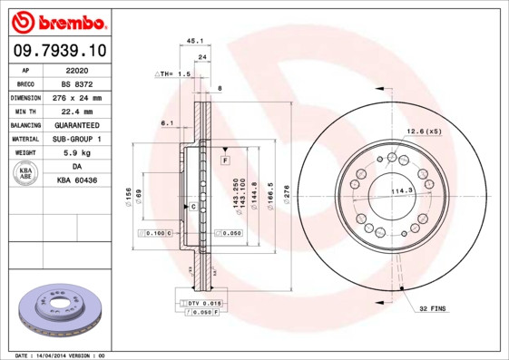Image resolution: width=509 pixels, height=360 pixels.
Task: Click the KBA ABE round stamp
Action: [x=25, y=173]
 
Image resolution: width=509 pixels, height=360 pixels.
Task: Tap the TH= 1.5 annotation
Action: [x=173, y=73]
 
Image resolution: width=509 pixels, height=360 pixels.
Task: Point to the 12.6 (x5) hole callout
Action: [x=423, y=131]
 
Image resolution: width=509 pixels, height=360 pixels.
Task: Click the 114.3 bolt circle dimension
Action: [x=401, y=190]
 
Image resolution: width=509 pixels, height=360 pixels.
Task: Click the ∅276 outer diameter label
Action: [x=287, y=193]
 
